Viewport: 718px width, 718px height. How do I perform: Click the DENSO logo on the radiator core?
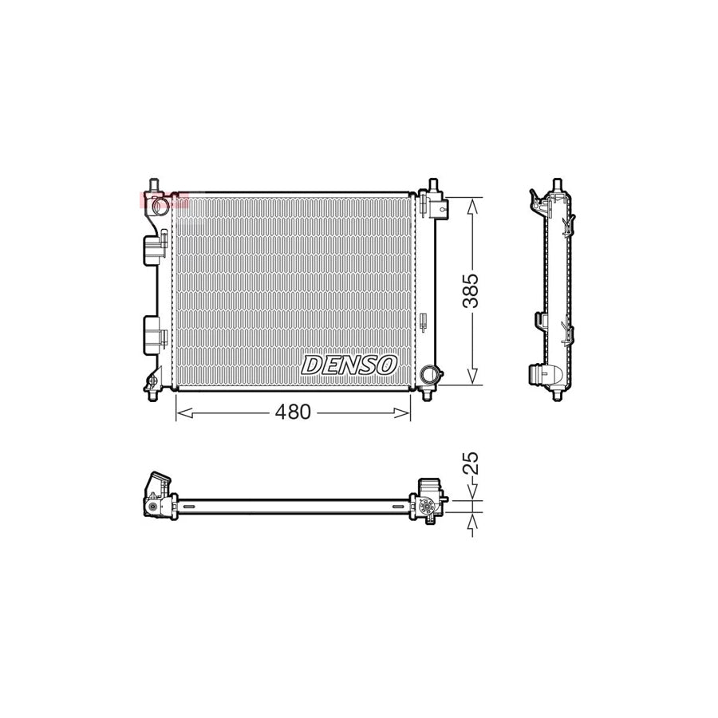pyautogui.click(x=349, y=365)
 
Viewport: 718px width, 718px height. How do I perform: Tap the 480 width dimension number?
pyautogui.click(x=292, y=412)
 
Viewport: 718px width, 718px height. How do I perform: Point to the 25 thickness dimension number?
pyautogui.click(x=471, y=463)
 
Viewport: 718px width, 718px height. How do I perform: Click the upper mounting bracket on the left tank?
pyautogui.click(x=152, y=250)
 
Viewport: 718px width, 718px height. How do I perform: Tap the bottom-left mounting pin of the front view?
pyautogui.click(x=152, y=391)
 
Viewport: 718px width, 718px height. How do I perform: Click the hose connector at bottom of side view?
pyautogui.click(x=546, y=376)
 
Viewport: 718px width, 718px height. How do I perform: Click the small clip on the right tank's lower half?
pyautogui.click(x=424, y=322)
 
